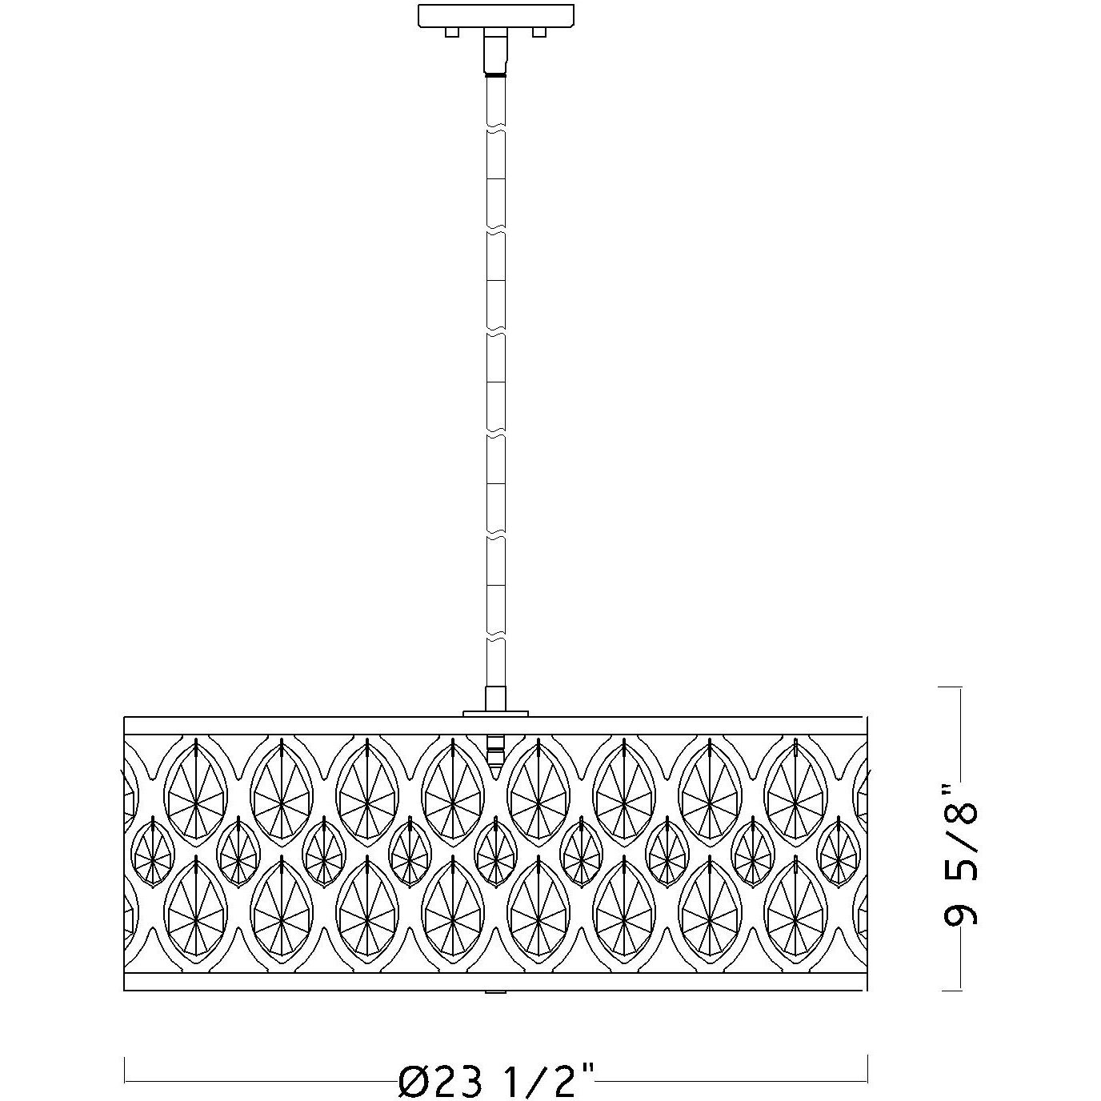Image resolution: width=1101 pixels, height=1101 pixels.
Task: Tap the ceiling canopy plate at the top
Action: point(496,16)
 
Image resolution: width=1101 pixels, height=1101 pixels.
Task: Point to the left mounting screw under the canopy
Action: point(452,33)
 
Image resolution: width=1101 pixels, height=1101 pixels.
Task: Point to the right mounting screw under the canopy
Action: point(538,33)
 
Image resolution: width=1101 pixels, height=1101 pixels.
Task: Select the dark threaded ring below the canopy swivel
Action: point(495,74)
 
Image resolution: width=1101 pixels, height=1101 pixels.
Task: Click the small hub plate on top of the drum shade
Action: point(495,714)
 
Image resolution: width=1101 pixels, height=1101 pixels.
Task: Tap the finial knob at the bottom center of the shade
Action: point(495,992)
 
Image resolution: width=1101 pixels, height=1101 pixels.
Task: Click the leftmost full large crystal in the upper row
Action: point(196,794)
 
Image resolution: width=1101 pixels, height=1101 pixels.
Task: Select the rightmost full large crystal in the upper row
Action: point(795,794)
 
